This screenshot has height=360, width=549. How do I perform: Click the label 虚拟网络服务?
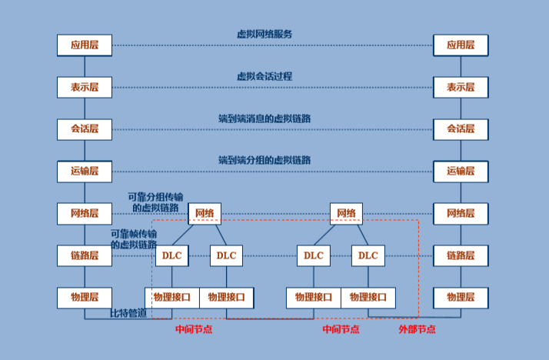[265, 34]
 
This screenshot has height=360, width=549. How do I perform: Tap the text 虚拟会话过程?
[265, 76]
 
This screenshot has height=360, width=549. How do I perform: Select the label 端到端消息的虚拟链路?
[265, 118]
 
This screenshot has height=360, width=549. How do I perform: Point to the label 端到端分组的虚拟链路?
[265, 160]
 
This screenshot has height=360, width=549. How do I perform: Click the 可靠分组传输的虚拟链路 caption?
[155, 202]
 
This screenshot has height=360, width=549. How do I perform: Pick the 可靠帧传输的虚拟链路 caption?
[134, 238]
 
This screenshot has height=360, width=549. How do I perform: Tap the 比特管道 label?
[128, 313]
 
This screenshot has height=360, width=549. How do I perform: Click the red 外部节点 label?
[417, 329]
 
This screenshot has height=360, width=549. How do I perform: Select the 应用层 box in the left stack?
[85, 45]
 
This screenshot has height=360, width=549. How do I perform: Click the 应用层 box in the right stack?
[461, 45]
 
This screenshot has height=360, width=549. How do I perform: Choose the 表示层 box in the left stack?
[85, 87]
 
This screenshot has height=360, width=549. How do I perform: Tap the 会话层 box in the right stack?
[461, 129]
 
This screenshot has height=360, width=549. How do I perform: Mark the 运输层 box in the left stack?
[85, 172]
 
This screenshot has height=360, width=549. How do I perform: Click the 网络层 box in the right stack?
[461, 213]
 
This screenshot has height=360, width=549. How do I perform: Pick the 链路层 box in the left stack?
[85, 255]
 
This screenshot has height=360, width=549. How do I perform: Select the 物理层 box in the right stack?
[461, 297]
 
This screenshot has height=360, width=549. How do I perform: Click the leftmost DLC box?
[171, 255]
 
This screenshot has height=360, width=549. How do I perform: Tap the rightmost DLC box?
[368, 255]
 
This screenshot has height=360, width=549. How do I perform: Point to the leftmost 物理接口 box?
[172, 297]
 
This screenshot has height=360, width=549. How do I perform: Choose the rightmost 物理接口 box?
[368, 297]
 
